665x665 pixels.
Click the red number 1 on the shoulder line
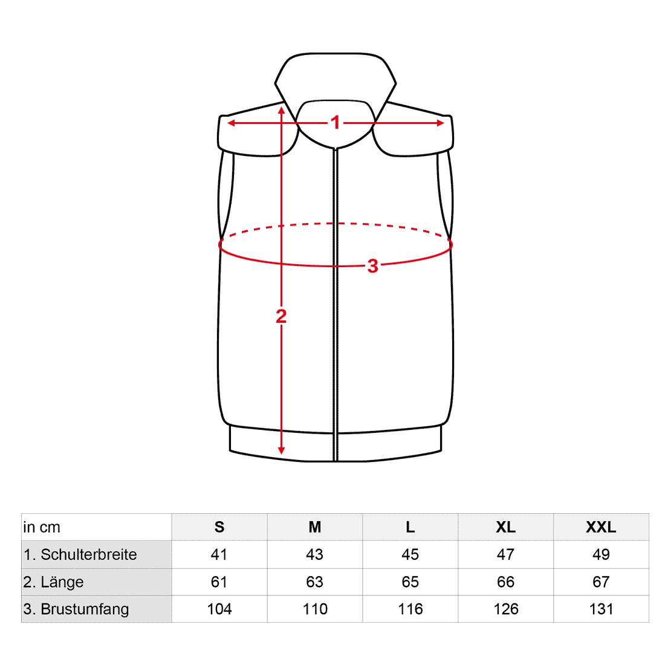tap(336, 123)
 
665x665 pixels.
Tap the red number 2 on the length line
tap(281, 316)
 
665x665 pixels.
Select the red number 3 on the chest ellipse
tap(372, 267)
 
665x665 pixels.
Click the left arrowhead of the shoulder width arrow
tap(231, 123)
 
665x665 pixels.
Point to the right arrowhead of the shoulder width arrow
tap(440, 123)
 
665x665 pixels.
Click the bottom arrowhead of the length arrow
tap(281, 450)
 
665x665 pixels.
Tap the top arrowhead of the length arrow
tap(281, 111)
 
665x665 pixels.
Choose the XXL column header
tap(601, 527)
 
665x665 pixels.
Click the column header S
tap(219, 527)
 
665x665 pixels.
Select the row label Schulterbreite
tap(89, 554)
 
